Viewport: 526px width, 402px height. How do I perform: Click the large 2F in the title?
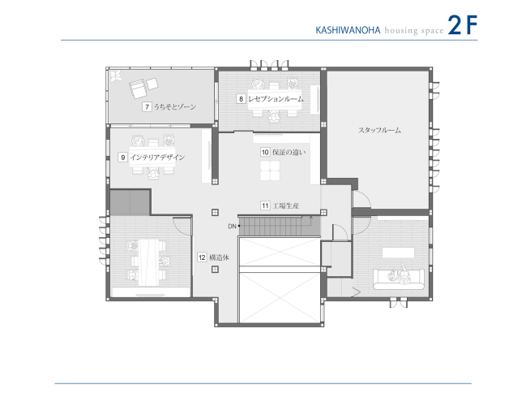461,25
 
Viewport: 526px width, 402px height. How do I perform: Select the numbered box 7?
147,106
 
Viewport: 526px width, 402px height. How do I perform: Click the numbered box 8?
241,98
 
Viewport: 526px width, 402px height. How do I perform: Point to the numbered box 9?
122,157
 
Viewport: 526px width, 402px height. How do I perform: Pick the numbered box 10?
265,152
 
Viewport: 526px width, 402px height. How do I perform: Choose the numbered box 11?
265,206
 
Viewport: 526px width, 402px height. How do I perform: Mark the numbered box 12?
202,257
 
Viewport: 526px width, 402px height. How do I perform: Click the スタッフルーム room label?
379,130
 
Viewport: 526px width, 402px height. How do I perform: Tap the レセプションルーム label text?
276,98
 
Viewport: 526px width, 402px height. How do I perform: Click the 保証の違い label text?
289,152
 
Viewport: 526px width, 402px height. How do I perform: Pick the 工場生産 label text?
286,206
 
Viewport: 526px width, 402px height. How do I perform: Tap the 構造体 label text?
220,257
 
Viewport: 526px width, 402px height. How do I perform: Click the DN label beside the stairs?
231,225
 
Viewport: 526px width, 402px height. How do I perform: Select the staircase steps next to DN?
280,227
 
